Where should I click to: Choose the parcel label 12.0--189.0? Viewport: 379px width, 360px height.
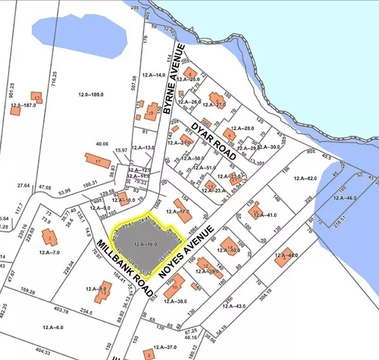91,95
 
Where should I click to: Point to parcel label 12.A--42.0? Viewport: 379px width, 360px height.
304,179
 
